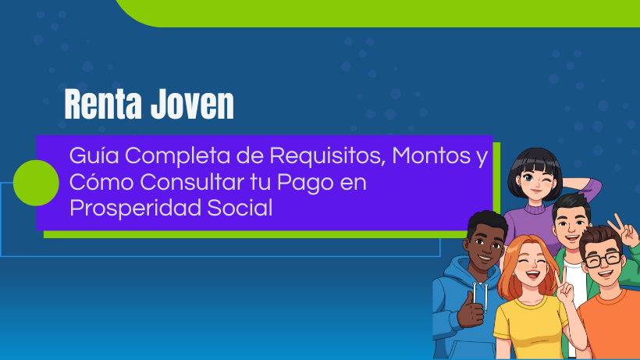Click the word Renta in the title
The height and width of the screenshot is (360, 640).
(103, 105)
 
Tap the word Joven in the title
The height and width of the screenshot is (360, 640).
(192, 105)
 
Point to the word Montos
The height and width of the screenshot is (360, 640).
(432, 156)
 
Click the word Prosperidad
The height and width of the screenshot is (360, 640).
(135, 209)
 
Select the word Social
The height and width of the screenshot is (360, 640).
(240, 208)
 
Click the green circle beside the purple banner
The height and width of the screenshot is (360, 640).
(36, 183)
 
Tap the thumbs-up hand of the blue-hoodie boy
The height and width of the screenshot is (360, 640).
(470, 310)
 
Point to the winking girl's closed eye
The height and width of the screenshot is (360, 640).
(546, 178)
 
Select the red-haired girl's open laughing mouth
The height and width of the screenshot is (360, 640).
(532, 274)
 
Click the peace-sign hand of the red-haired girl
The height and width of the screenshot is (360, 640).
(564, 286)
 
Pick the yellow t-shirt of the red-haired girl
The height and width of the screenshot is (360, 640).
(532, 326)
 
